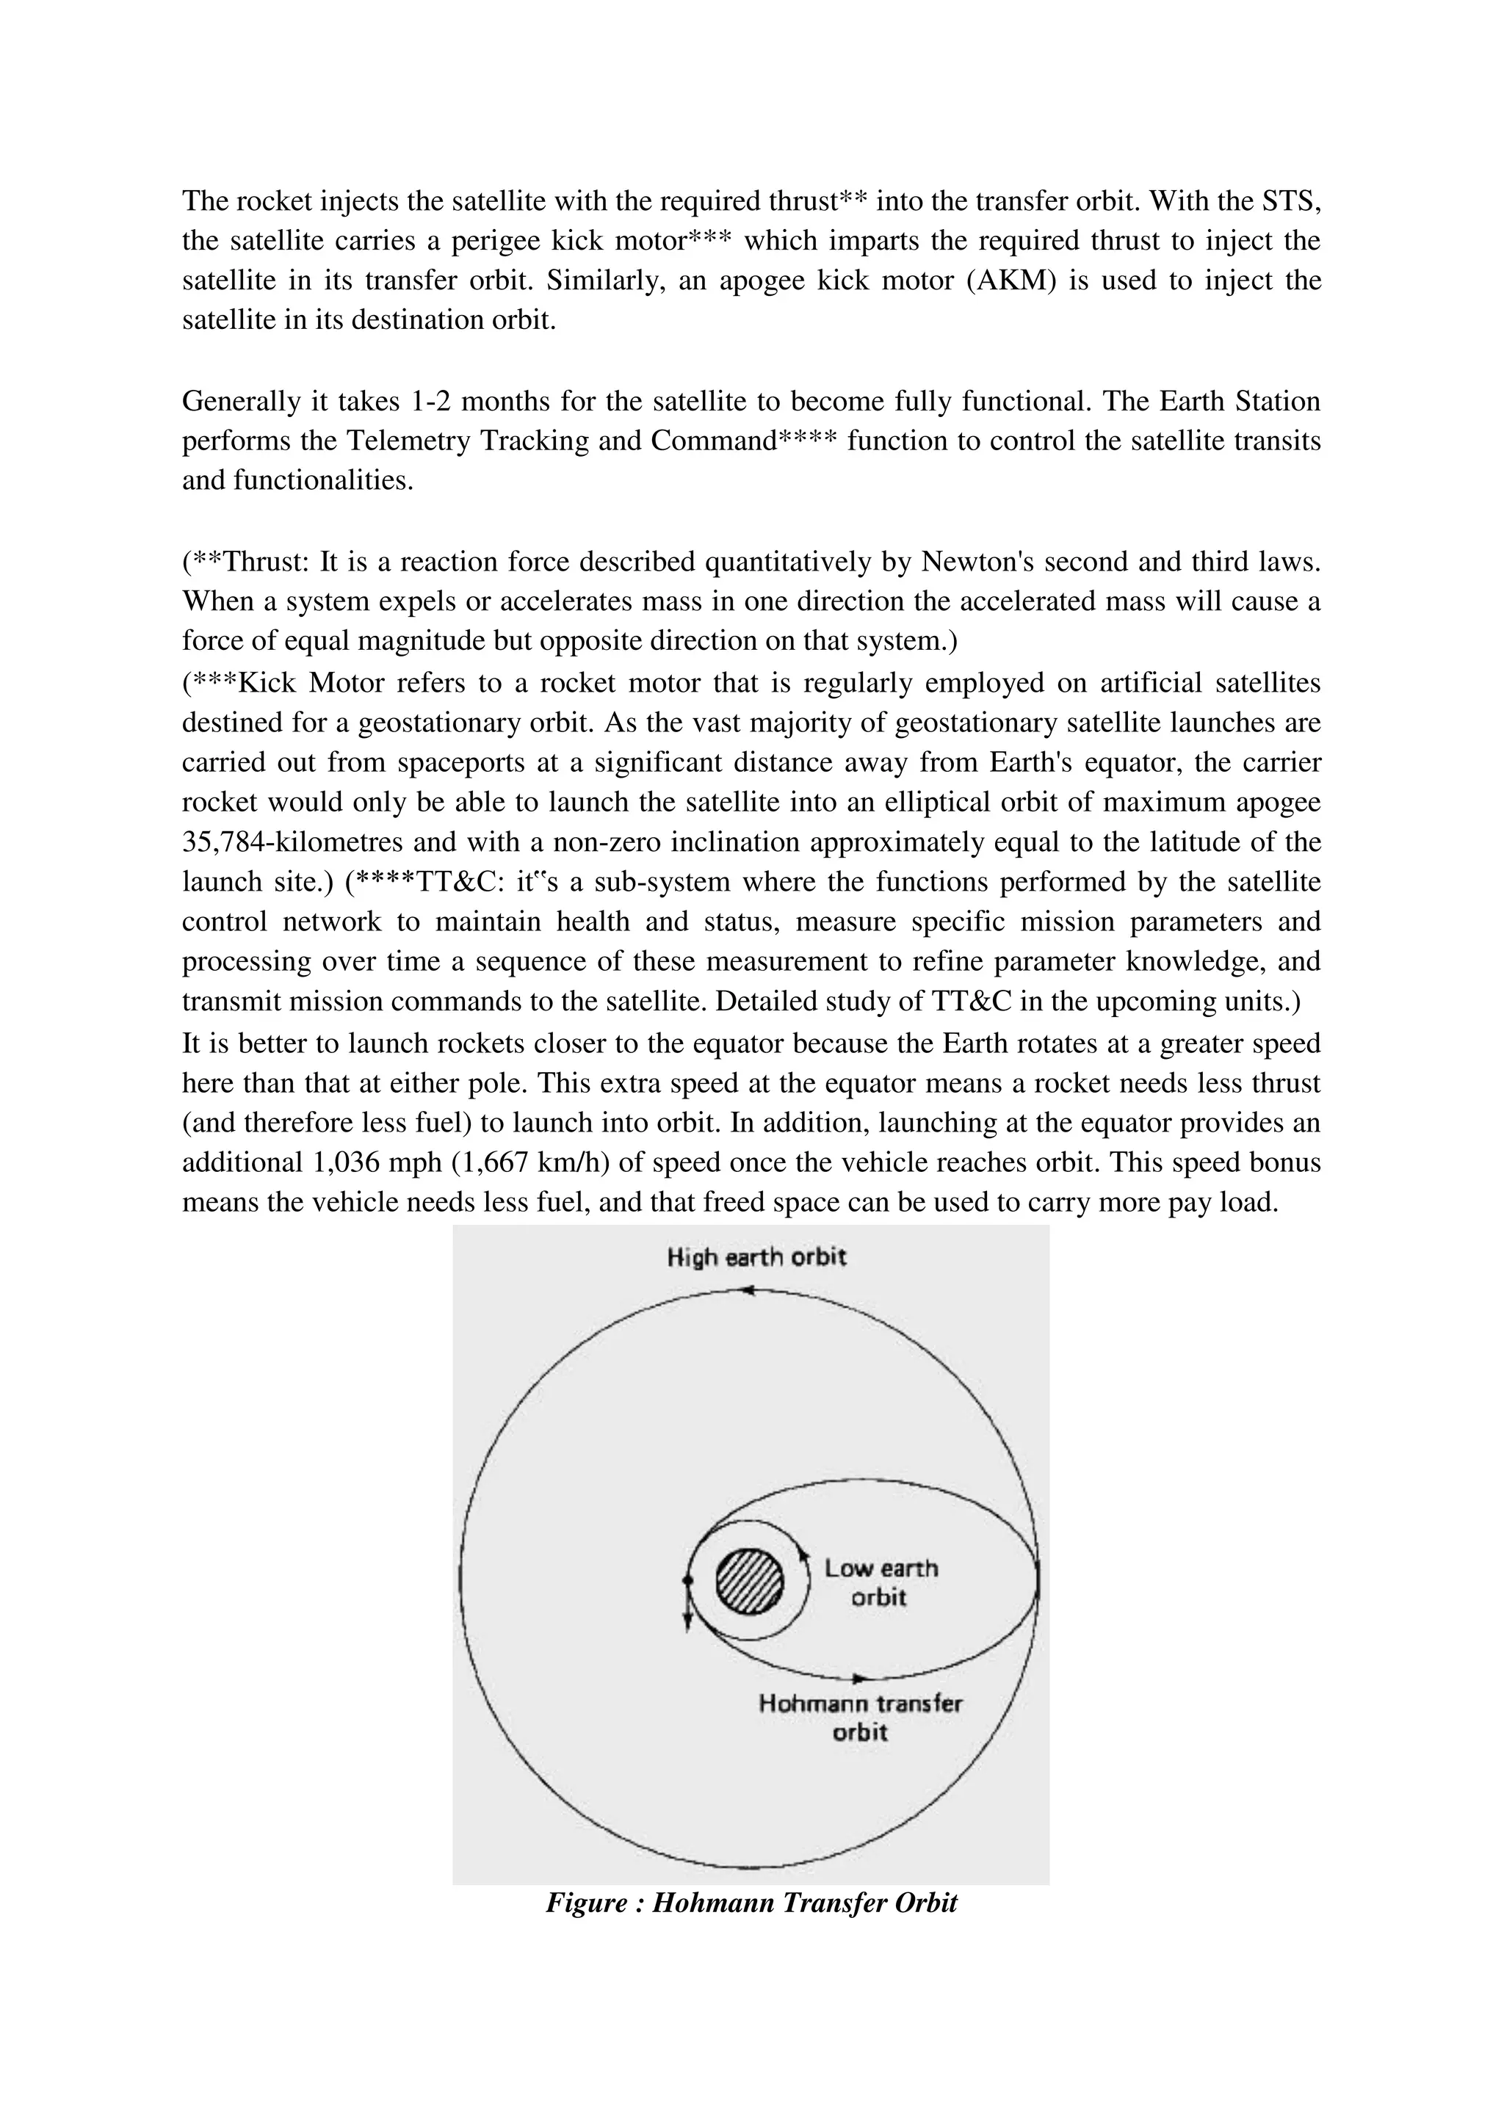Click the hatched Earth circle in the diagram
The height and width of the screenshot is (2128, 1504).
pos(750,1582)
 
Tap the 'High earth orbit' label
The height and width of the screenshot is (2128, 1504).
pos(756,1258)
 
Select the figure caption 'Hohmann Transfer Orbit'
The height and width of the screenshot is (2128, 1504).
pos(751,1903)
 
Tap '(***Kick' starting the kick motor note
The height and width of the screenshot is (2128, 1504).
pos(240,683)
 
